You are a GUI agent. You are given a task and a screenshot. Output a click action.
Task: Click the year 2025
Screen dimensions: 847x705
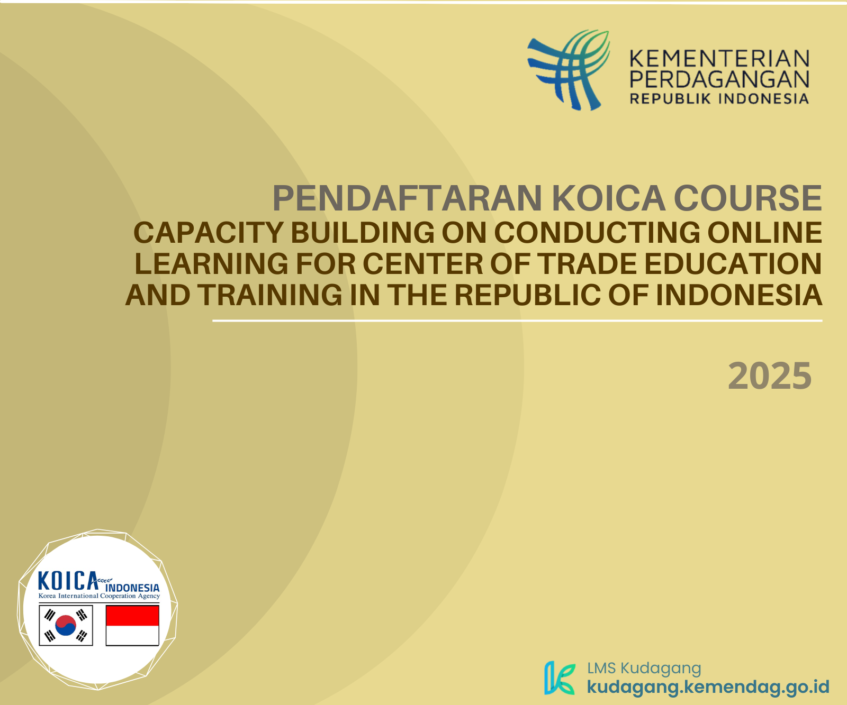tap(770, 376)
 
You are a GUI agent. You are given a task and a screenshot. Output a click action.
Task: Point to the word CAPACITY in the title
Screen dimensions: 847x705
tap(208, 233)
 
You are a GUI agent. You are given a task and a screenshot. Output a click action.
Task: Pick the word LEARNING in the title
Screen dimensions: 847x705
tap(212, 264)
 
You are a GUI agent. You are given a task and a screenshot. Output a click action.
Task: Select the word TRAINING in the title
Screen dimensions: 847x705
tap(271, 295)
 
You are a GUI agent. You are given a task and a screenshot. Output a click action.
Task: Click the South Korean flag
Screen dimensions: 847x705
tap(66, 626)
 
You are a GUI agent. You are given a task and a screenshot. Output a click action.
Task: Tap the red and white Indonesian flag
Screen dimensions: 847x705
tap(132, 626)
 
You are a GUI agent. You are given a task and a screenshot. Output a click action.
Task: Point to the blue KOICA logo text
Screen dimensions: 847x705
tap(68, 581)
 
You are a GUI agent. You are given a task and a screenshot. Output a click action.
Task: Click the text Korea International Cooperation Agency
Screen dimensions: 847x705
tap(99, 596)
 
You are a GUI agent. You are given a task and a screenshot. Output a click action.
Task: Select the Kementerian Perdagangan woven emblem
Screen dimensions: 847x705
tap(569, 70)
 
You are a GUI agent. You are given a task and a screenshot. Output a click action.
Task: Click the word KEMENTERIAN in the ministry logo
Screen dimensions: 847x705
tap(719, 58)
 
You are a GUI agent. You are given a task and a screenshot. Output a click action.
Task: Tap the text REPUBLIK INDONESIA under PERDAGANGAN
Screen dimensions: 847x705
tap(719, 99)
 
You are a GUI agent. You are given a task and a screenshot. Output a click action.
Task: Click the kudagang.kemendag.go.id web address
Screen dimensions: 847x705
tap(708, 686)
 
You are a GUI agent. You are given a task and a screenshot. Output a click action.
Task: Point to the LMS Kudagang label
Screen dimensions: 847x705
tap(644, 668)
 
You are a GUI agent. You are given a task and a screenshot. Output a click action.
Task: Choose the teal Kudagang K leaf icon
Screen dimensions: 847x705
tap(560, 678)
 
